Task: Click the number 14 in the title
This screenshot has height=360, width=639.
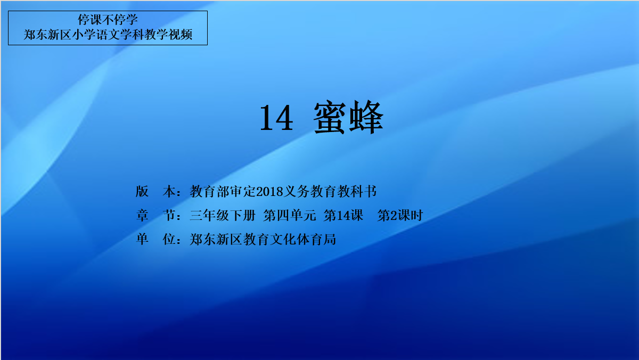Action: (x=276, y=118)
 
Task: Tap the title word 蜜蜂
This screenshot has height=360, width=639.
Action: (x=348, y=117)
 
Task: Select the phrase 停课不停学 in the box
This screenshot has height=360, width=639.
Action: (x=108, y=20)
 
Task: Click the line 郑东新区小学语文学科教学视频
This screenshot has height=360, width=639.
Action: (x=108, y=35)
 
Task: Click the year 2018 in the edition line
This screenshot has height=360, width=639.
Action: (x=269, y=191)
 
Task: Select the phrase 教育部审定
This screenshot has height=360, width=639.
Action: (x=223, y=191)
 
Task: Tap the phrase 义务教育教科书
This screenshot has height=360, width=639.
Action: (x=330, y=191)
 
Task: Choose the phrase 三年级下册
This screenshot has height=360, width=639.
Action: (x=223, y=215)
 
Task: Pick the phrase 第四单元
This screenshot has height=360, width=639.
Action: (x=290, y=215)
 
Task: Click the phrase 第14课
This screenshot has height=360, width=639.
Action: (x=343, y=215)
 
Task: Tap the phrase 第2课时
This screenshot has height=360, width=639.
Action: (x=400, y=215)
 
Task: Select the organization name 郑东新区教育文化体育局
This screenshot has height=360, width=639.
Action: (x=263, y=239)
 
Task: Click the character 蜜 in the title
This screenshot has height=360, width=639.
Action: (x=330, y=117)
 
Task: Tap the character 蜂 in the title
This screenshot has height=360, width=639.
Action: (x=366, y=117)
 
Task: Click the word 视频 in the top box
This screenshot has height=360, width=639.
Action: (x=181, y=35)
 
